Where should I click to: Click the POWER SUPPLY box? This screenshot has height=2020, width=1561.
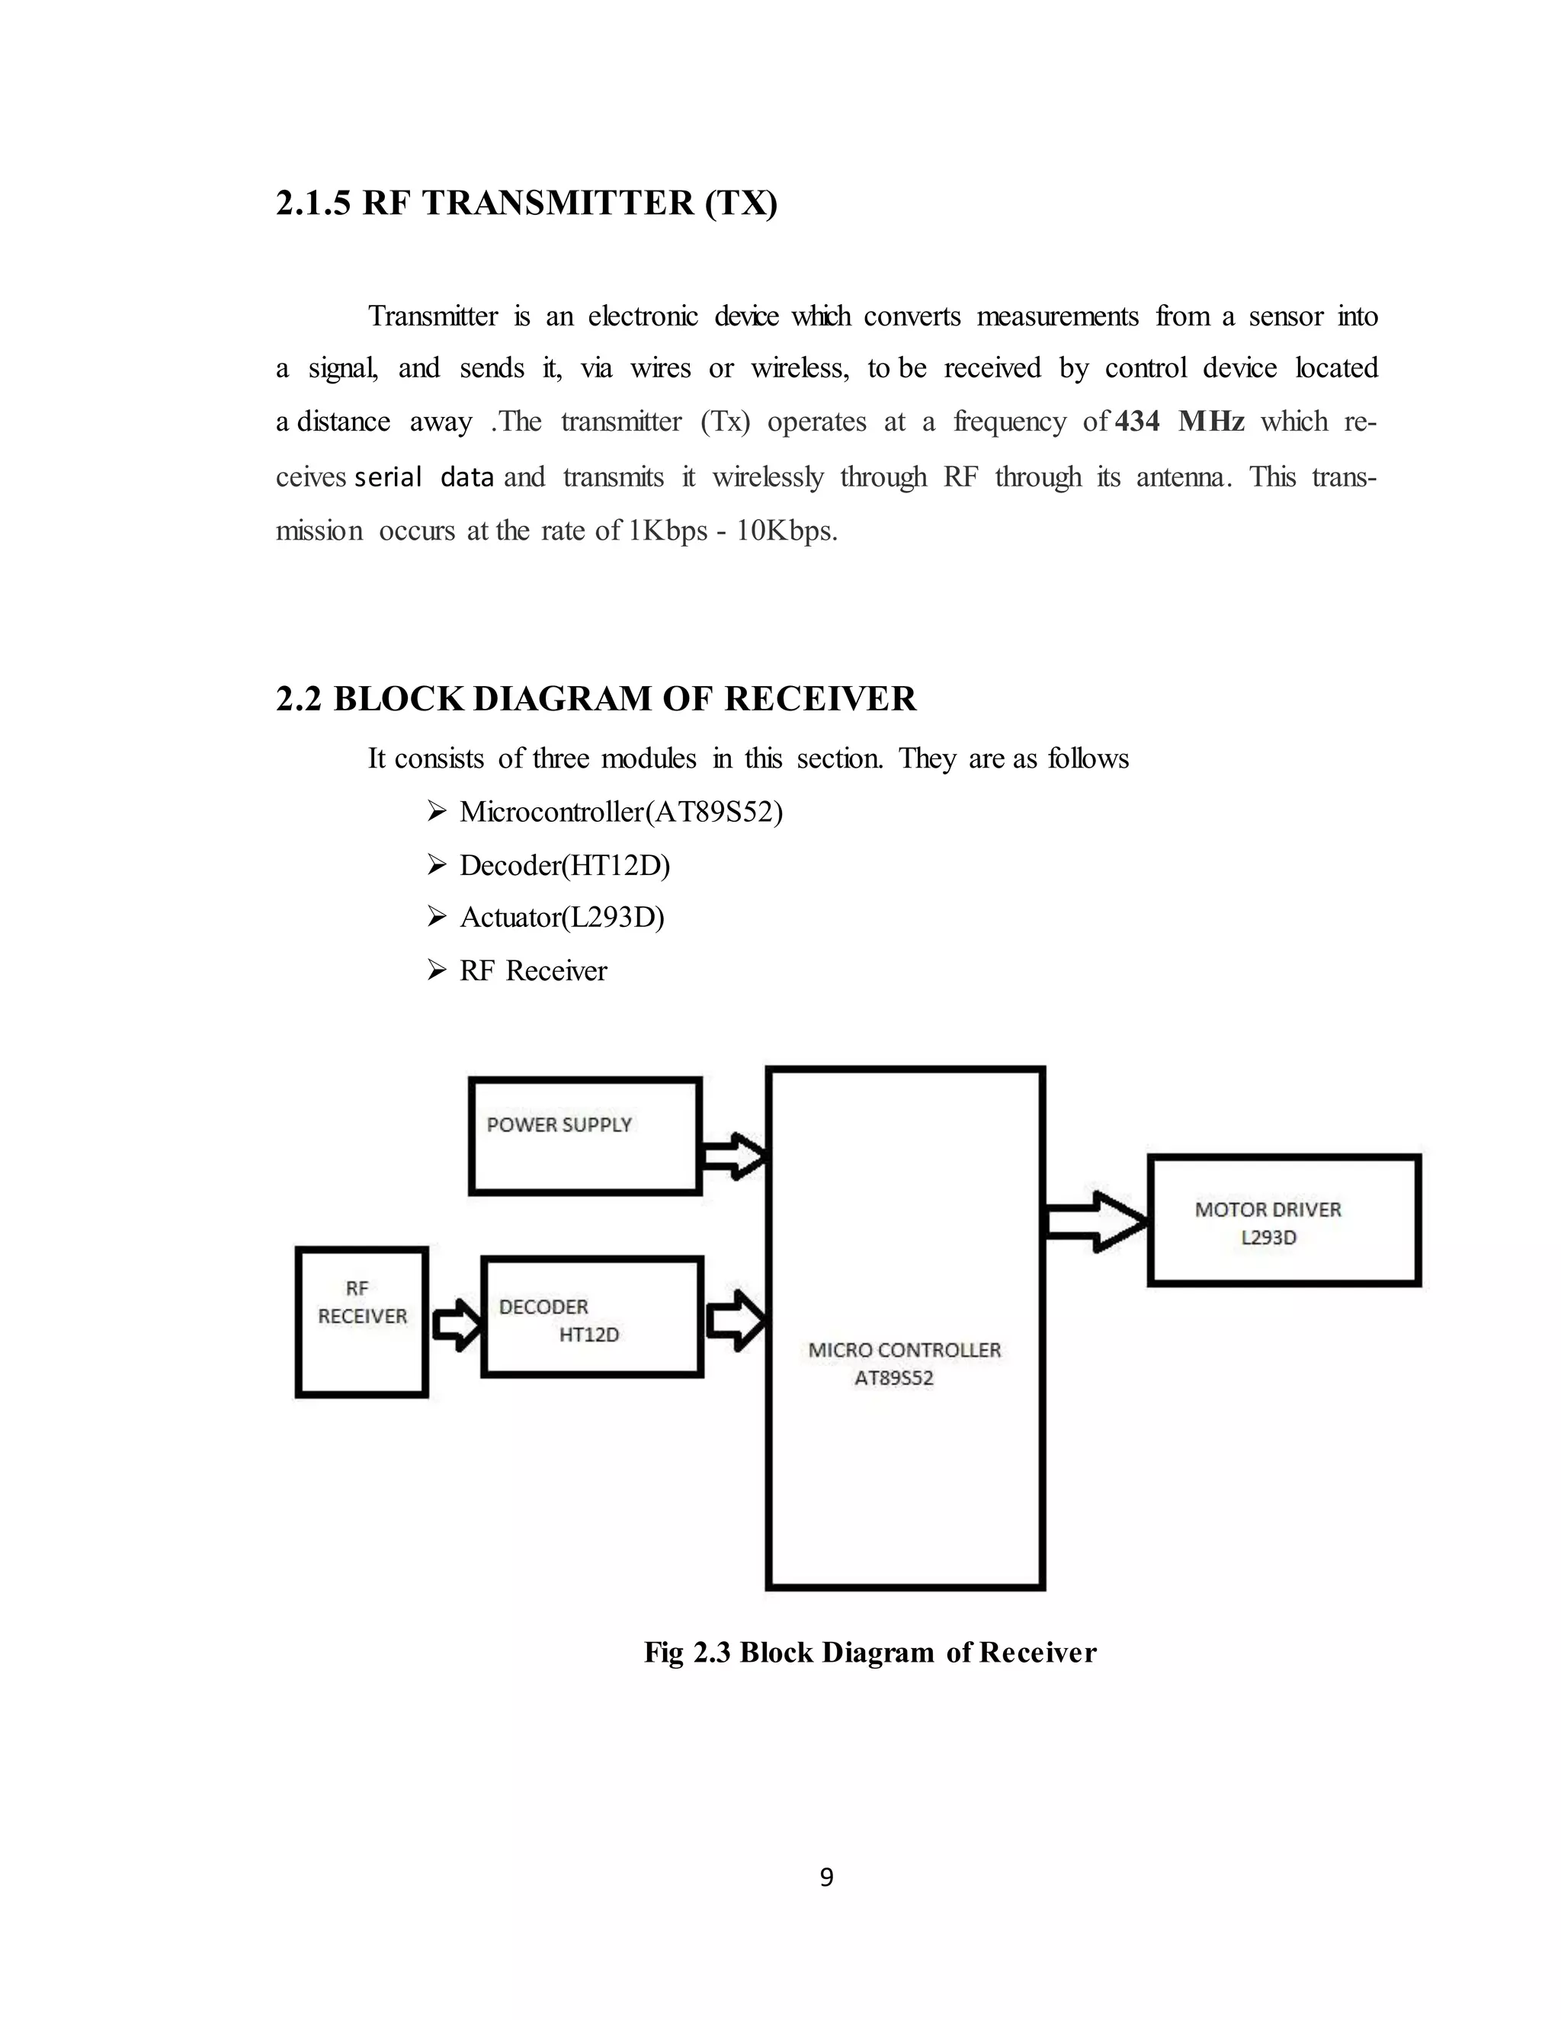[x=585, y=1136]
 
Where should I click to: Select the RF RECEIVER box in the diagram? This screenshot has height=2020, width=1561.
[x=361, y=1322]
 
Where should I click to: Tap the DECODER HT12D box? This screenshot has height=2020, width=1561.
[x=591, y=1316]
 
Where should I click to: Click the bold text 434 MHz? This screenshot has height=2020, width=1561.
[x=1179, y=422]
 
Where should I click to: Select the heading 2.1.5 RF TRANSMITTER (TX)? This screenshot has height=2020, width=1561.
[x=526, y=203]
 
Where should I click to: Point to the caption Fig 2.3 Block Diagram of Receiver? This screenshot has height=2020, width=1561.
[x=869, y=1652]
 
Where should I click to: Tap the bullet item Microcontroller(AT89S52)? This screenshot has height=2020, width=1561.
[x=620, y=812]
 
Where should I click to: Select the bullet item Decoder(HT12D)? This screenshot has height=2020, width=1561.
[x=564, y=865]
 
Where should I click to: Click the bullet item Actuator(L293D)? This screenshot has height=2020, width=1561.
[x=561, y=918]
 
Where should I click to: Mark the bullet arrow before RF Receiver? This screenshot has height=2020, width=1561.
[x=438, y=970]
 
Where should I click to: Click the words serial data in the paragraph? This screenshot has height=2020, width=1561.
[x=425, y=477]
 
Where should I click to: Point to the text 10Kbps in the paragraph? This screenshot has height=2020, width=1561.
[x=787, y=531]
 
